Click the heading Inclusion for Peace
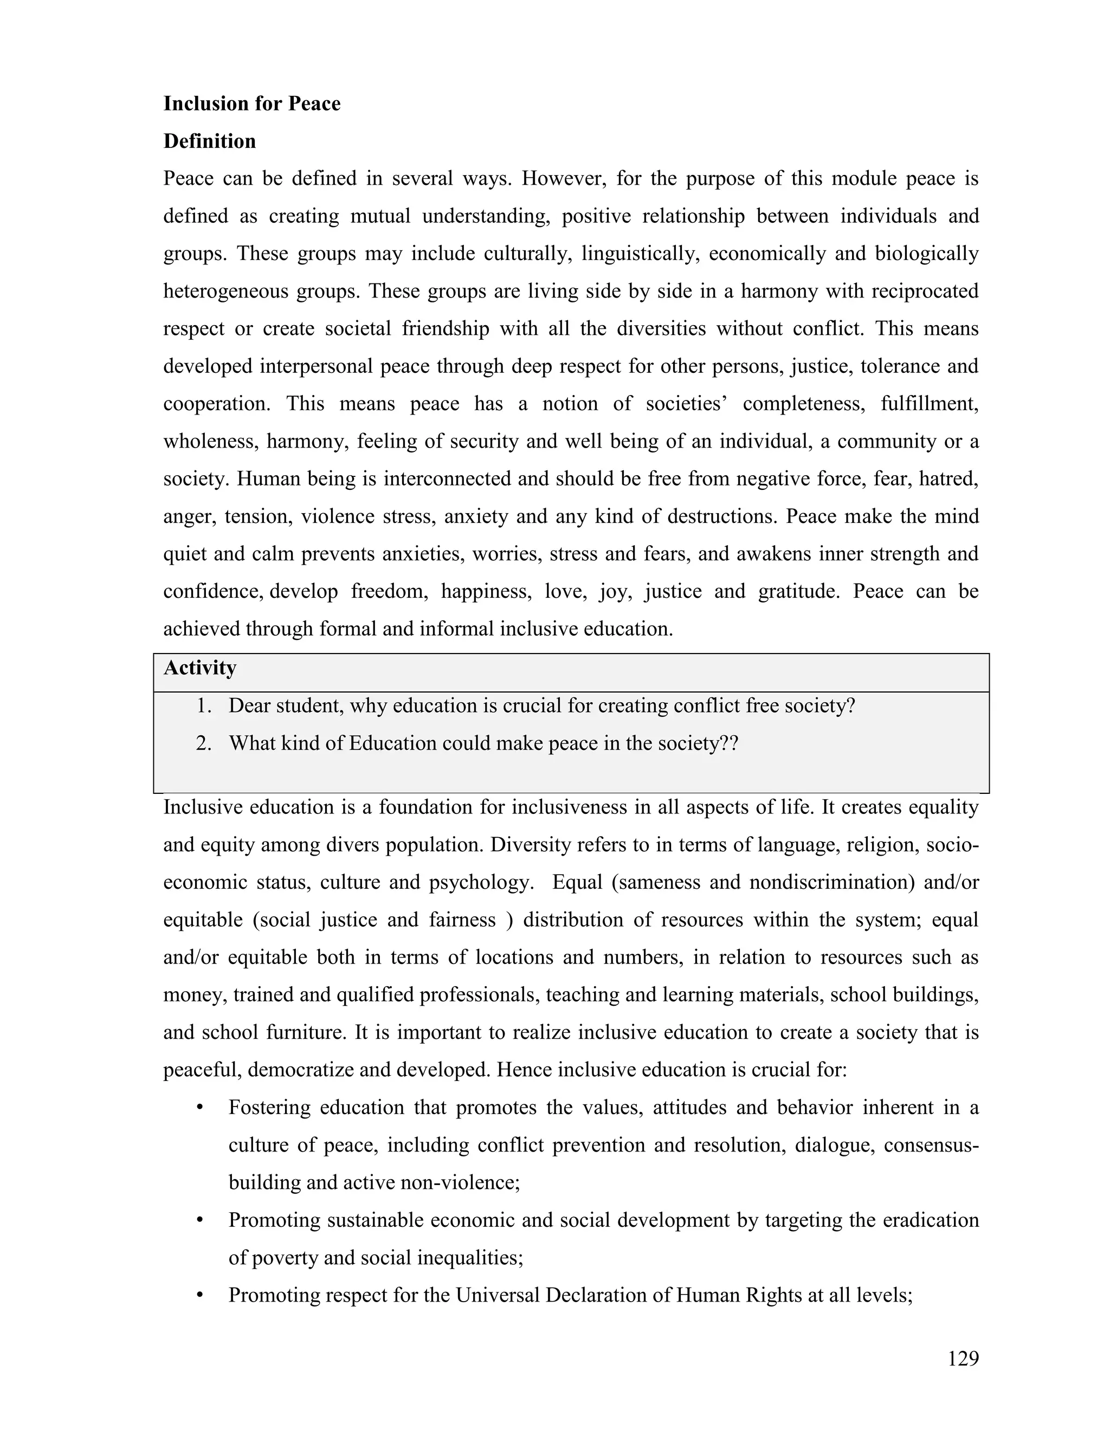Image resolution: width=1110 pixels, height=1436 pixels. click(x=252, y=104)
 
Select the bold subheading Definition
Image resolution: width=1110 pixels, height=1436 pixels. click(x=209, y=141)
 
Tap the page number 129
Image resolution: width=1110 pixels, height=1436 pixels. click(x=963, y=1359)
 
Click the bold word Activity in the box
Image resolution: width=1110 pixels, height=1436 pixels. click(x=200, y=669)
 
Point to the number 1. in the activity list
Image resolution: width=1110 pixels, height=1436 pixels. click(x=203, y=706)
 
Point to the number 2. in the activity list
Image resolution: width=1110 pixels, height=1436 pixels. click(x=203, y=743)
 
